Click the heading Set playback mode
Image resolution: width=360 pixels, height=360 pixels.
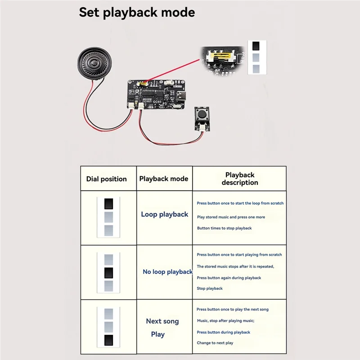pyautogui.click(x=137, y=12)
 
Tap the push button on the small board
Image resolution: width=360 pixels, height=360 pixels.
pyautogui.click(x=202, y=114)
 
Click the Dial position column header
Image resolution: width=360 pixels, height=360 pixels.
pyautogui.click(x=106, y=179)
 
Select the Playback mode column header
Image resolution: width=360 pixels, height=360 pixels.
pyautogui.click(x=163, y=179)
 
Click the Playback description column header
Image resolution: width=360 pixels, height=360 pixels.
pyautogui.click(x=240, y=179)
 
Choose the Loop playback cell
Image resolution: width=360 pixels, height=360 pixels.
pyautogui.click(x=164, y=215)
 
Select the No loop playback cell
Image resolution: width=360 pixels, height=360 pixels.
pyautogui.click(x=167, y=272)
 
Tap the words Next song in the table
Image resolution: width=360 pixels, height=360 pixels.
pyautogui.click(x=162, y=321)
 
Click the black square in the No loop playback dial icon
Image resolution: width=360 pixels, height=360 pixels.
pyautogui.click(x=109, y=273)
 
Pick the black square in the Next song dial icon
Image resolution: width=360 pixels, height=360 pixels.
pyautogui.click(x=109, y=340)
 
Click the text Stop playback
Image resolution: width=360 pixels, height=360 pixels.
pyautogui.click(x=209, y=288)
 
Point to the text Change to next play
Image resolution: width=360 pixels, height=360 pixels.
pyautogui.click(x=215, y=343)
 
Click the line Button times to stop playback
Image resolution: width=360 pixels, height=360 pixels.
pyautogui.click(x=224, y=228)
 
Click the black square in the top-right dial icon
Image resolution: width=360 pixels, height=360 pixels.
pyautogui.click(x=256, y=46)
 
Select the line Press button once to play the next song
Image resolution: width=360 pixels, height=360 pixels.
pyautogui.click(x=232, y=310)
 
